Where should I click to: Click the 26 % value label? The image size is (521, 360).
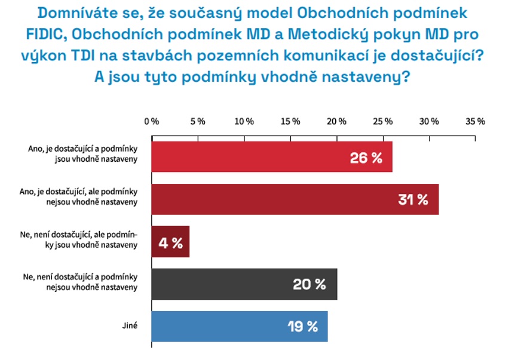tap(366, 158)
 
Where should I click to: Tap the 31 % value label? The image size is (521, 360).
tap(413, 200)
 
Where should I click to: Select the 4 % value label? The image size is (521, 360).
tap(170, 243)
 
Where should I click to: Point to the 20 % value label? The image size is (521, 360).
tap(309, 285)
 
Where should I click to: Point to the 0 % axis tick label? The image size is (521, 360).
tap(152, 121)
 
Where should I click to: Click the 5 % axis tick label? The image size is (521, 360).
tap(198, 121)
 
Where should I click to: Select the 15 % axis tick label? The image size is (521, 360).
tap(290, 121)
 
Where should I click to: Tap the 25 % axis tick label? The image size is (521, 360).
tap(383, 121)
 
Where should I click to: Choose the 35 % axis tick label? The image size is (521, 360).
tap(476, 121)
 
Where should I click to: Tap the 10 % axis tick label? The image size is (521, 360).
tap(244, 121)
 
